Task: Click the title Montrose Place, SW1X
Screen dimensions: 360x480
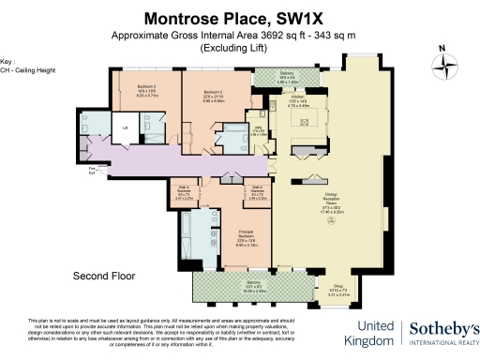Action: point(240,18)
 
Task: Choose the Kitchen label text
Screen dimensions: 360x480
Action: point(297,99)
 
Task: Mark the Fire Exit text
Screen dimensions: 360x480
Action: point(92,170)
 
